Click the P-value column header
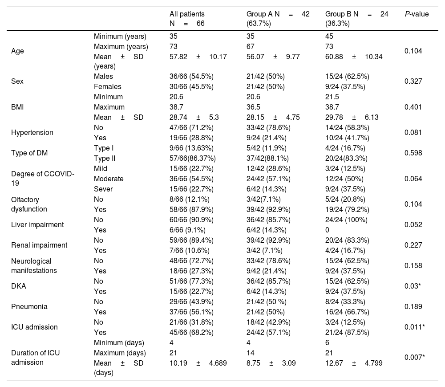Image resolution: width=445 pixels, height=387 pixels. (417, 14)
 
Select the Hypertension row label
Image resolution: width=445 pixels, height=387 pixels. (32, 132)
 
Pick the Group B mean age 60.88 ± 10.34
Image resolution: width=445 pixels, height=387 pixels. (354, 57)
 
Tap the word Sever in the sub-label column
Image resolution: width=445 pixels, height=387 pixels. (103, 189)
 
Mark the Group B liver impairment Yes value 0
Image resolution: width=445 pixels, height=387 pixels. (327, 230)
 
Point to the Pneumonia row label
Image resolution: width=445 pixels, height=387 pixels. (29, 306)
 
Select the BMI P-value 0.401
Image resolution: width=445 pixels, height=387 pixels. (413, 107)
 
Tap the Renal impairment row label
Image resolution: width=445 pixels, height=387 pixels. (39, 245)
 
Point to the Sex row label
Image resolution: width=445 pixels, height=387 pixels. (17, 81)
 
